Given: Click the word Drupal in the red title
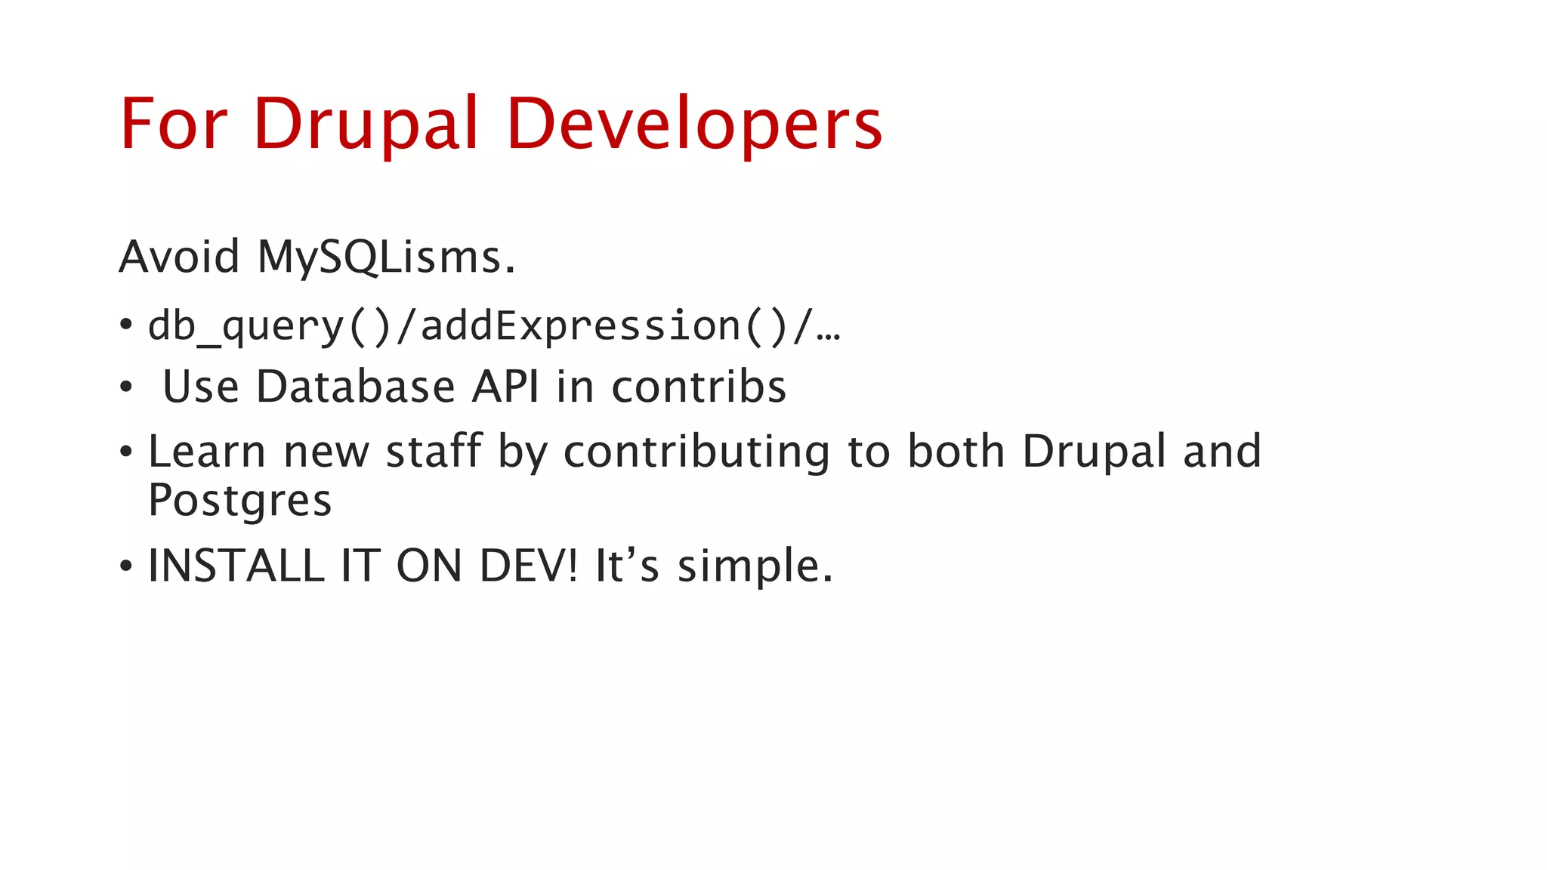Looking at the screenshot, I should point(366,125).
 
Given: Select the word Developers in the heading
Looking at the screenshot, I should point(695,125).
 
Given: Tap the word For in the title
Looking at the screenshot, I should point(174,125).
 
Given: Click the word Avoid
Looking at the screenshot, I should point(180,257).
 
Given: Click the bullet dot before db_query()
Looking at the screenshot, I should point(126,325).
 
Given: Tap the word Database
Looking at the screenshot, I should point(356,387).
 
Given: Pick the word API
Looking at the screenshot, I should point(506,387).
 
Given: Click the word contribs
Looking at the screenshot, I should point(699,387).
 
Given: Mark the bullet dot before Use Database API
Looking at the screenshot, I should point(126,387).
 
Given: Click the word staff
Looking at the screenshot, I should point(434,452).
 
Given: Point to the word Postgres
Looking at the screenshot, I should point(240,501).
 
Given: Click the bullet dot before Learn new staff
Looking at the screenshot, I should point(126,452).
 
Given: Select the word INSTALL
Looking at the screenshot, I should point(236,566).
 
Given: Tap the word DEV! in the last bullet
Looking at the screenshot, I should point(529,566).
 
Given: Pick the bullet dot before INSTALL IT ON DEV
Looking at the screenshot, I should point(126,566).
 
